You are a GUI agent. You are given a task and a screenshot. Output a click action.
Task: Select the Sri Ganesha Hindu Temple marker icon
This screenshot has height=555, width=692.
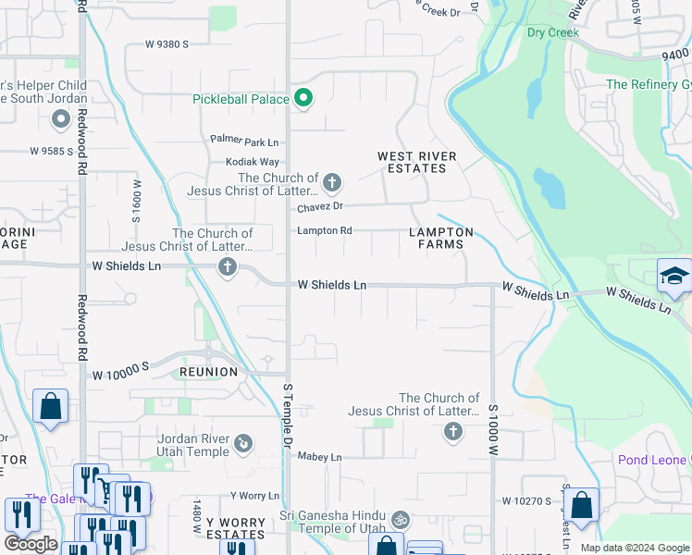pyautogui.click(x=400, y=520)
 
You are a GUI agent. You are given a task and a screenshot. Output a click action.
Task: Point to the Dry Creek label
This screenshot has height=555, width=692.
pyautogui.click(x=552, y=32)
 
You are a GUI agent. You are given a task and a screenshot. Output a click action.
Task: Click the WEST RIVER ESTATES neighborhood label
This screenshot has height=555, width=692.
pyautogui.click(x=412, y=163)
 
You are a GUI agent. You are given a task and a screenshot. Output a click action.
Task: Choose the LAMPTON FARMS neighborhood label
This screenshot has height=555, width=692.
pyautogui.click(x=441, y=239)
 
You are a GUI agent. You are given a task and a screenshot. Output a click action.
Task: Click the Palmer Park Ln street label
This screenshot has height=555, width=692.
pyautogui.click(x=244, y=142)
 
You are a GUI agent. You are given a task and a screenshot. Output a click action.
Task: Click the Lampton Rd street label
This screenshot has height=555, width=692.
pyautogui.click(x=324, y=230)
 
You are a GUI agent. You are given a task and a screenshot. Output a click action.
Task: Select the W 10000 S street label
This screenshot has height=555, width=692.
pyautogui.click(x=120, y=375)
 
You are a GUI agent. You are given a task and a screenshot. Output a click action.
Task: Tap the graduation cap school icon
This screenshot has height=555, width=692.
pyautogui.click(x=673, y=276)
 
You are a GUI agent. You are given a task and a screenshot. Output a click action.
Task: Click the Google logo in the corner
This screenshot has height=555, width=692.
pyautogui.click(x=31, y=544)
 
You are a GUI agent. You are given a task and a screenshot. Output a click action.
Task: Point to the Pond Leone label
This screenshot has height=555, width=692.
pyautogui.click(x=653, y=460)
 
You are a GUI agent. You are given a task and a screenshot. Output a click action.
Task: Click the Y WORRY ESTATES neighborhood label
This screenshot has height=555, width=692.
pyautogui.click(x=235, y=528)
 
